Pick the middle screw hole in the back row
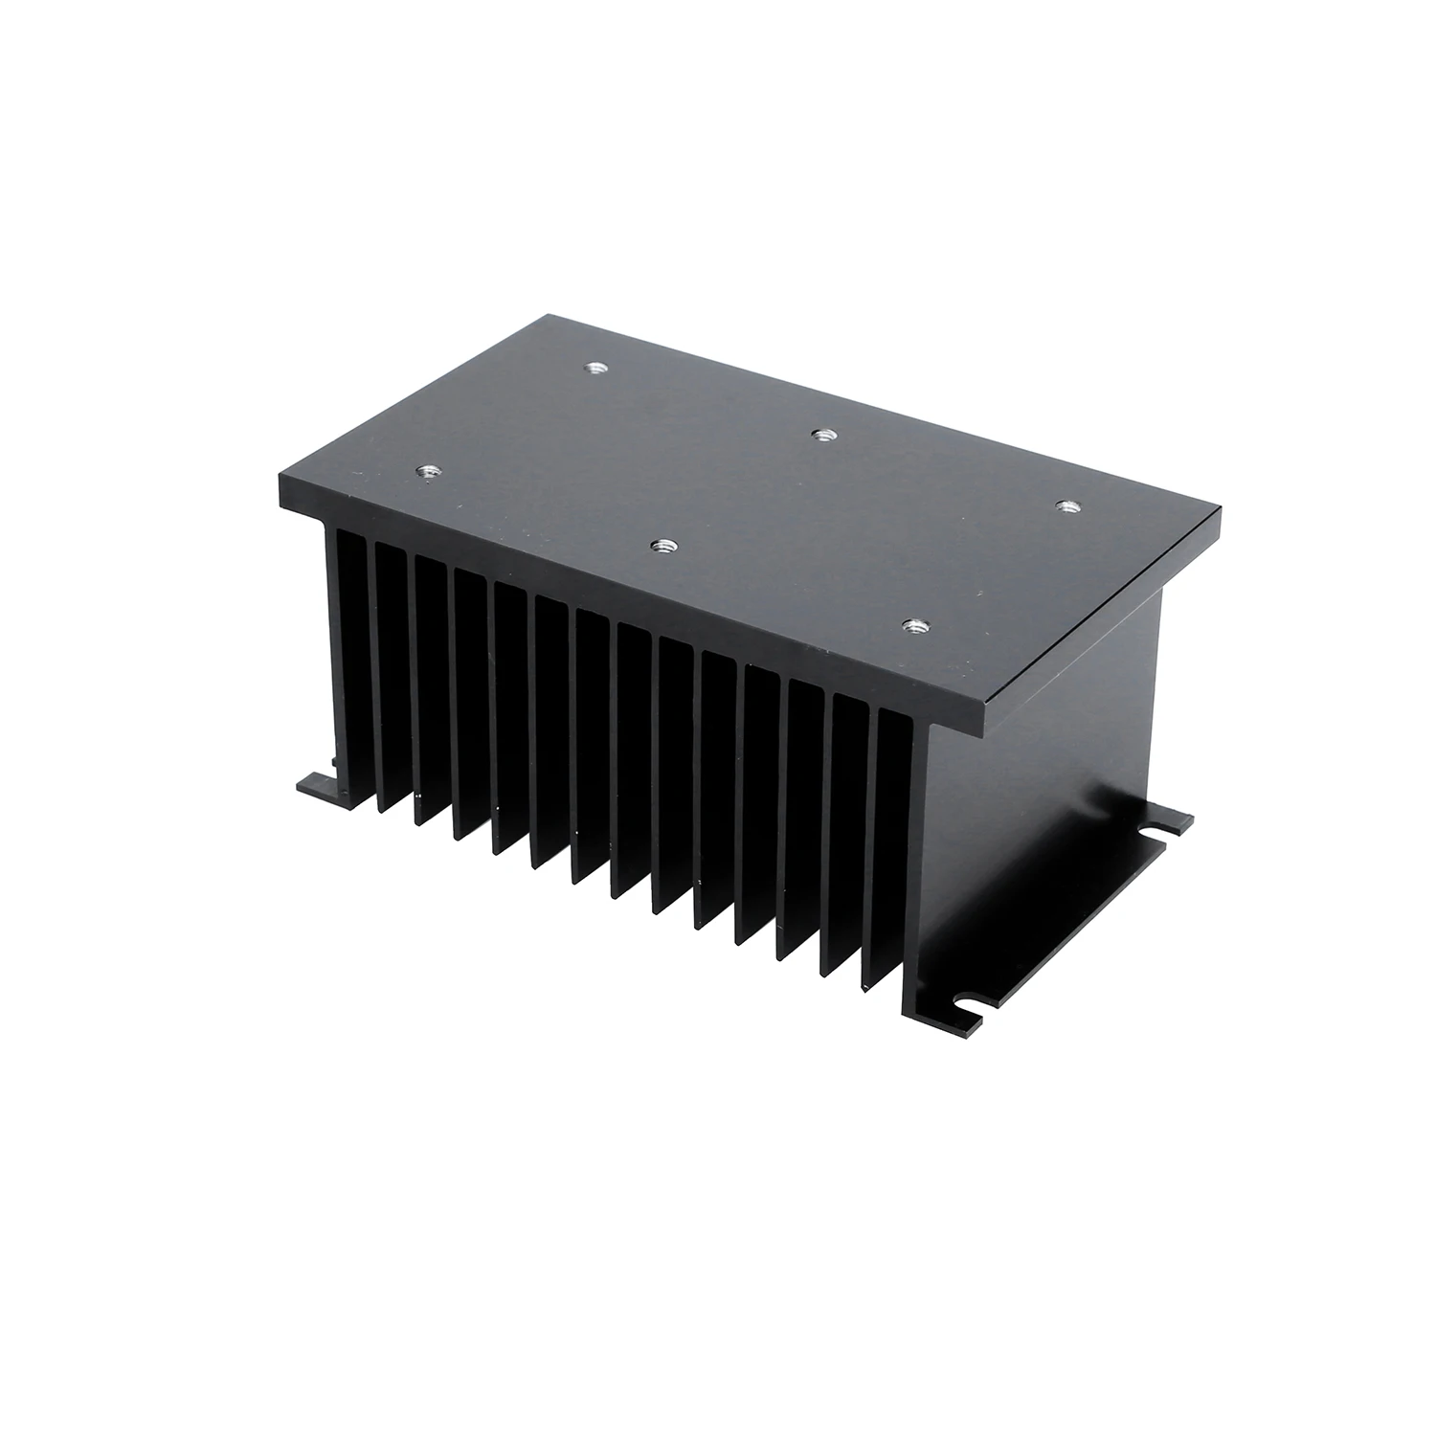click(x=819, y=435)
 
